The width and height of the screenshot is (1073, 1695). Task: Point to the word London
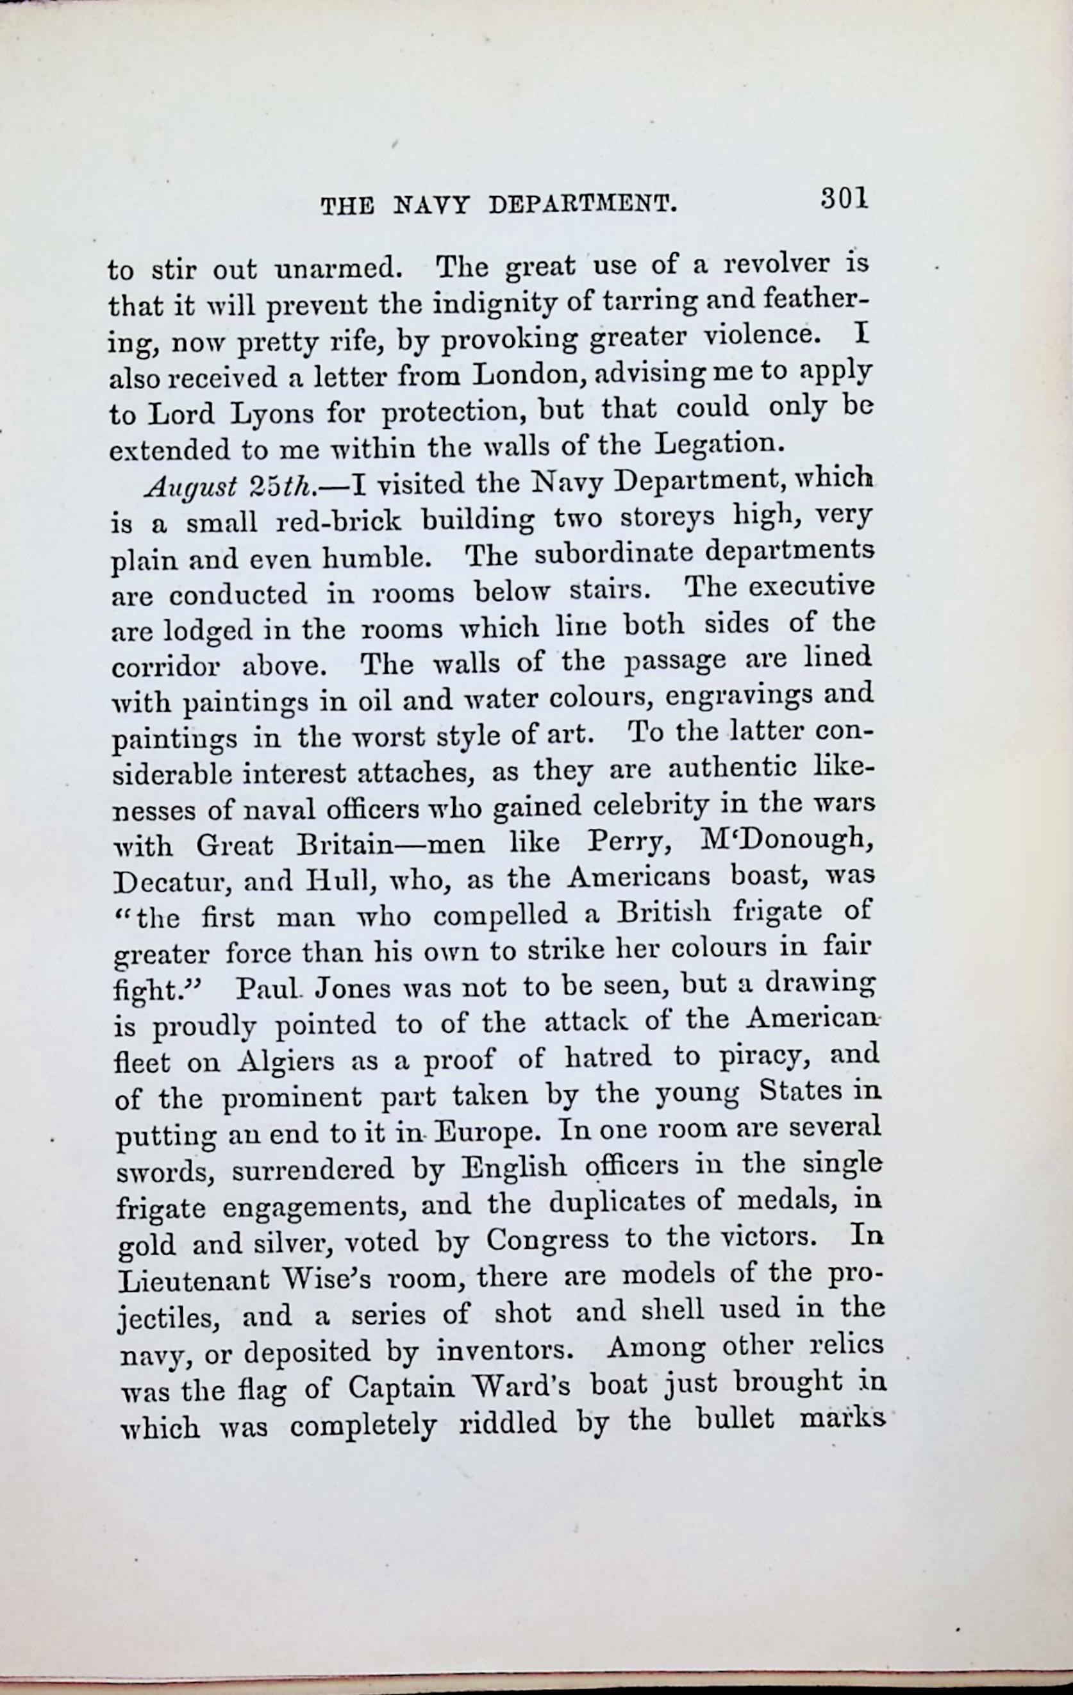coord(531,372)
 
